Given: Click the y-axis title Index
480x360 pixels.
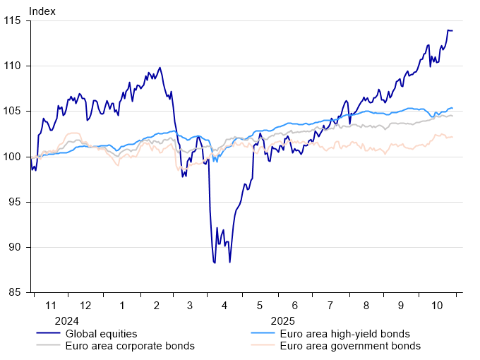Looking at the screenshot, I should (x=42, y=11).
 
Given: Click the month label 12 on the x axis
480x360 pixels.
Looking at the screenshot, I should (x=85, y=305).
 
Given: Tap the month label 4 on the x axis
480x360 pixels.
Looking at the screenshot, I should (x=224, y=305).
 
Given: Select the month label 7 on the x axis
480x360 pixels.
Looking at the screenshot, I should (x=330, y=305).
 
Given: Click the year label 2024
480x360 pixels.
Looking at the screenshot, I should (x=68, y=320).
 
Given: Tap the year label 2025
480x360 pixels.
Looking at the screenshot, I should (x=283, y=320).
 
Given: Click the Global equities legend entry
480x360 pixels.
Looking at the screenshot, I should (x=101, y=333).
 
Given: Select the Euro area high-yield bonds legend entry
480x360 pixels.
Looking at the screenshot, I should (x=344, y=333).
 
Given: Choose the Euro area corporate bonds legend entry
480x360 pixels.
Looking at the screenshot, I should (x=129, y=346).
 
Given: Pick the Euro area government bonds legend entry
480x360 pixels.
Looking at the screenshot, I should (x=350, y=346).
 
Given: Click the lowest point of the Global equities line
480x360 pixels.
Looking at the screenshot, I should (x=214, y=263).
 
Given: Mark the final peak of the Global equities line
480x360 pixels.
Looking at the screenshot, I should (x=448, y=30).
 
